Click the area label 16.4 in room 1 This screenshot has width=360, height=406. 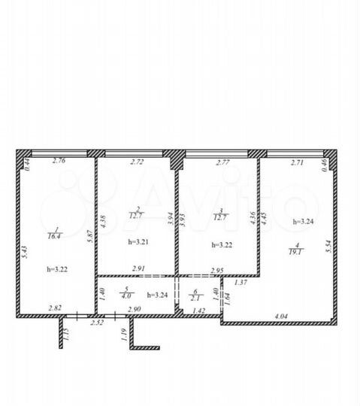pos(55,235)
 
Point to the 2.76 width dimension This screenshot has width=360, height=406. pos(59,161)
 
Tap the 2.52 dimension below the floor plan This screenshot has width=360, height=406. pos(96,323)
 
